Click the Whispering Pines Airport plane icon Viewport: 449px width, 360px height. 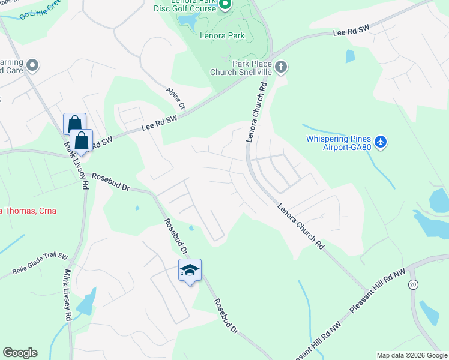380,142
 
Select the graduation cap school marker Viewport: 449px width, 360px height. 190,271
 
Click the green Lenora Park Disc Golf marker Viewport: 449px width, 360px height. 224,5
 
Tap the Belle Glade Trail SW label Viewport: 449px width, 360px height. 40,265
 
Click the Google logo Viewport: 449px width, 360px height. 20,353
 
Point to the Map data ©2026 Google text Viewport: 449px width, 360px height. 411,355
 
